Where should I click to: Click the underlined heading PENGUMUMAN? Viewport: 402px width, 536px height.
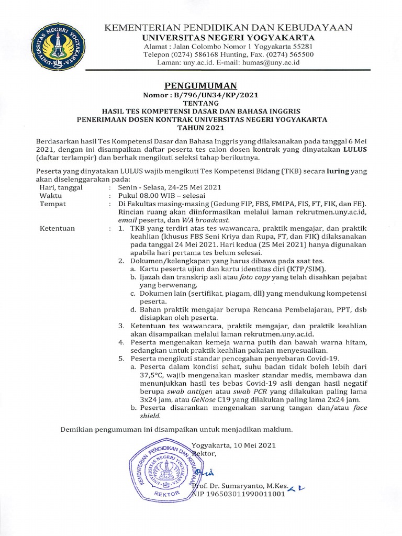coord(201,86)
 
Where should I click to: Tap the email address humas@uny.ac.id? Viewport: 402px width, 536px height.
coord(270,62)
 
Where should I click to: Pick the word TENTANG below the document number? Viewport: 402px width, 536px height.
coord(201,104)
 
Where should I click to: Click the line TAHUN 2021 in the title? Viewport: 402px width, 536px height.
coord(201,127)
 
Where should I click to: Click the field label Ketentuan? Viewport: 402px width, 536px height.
coord(57,228)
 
